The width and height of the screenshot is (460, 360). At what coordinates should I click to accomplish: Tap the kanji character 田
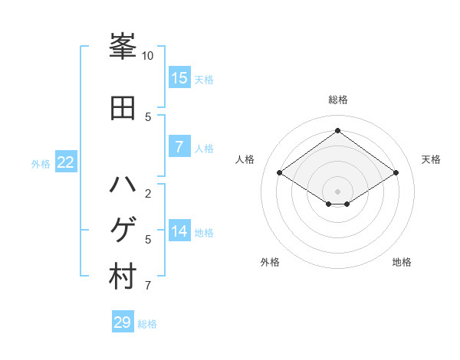(123, 108)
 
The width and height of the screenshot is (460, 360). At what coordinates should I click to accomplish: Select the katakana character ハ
(123, 185)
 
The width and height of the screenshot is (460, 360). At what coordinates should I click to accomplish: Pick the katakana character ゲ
(123, 230)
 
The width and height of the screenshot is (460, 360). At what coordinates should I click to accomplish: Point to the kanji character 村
(123, 277)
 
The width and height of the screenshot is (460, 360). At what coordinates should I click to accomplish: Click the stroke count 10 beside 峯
(148, 56)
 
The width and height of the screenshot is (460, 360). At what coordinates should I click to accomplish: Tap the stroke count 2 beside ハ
(148, 193)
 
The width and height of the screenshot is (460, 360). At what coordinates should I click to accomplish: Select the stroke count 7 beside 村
(148, 286)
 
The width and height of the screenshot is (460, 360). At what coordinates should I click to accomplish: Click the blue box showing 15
(179, 77)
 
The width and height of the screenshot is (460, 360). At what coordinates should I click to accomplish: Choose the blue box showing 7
(179, 147)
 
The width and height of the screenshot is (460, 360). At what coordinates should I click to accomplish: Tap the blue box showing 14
(179, 231)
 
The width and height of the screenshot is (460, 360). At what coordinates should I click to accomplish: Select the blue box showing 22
(65, 162)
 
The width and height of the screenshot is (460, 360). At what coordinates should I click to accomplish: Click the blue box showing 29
(123, 322)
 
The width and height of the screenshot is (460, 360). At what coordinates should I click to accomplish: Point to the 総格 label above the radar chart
(337, 100)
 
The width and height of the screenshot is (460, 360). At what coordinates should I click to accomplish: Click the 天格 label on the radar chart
(431, 159)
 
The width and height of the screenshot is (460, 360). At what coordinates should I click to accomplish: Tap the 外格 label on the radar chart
(270, 262)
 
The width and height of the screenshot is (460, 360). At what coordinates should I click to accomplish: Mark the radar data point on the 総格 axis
(337, 130)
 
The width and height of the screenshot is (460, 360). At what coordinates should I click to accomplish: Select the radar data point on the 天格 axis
(396, 173)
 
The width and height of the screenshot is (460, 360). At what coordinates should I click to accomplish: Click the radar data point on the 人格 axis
(280, 173)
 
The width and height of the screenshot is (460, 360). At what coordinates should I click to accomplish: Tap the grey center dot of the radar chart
(337, 191)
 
